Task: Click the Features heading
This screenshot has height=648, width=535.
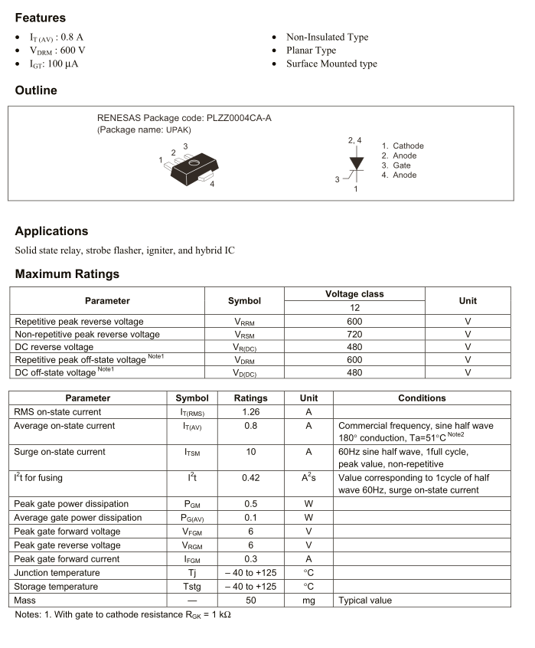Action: click(41, 18)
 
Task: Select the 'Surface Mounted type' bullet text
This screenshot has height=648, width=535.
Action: click(331, 64)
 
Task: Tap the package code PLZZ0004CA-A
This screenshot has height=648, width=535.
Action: click(238, 118)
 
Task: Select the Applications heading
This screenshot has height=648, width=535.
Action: click(51, 231)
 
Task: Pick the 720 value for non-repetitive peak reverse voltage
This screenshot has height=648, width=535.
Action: click(354, 335)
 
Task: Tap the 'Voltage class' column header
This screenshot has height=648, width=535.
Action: click(354, 294)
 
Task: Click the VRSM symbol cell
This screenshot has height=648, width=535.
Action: click(244, 335)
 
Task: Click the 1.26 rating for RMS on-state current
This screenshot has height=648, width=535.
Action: click(250, 412)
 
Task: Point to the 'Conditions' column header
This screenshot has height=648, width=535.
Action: click(422, 398)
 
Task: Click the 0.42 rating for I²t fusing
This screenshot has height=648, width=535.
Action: click(250, 478)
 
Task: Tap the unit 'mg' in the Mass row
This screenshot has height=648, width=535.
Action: click(308, 601)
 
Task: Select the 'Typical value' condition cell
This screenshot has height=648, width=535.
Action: click(365, 601)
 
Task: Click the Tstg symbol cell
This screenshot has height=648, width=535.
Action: click(192, 587)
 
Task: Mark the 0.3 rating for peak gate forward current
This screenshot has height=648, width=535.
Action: click(250, 559)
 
